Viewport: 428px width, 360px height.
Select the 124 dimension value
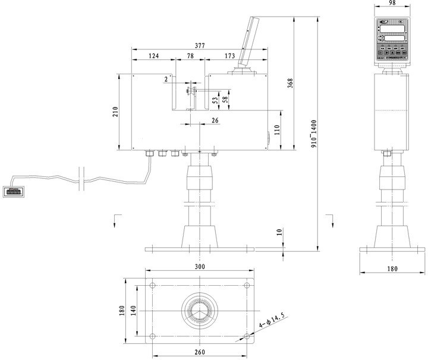153,56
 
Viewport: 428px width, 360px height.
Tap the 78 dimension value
190,56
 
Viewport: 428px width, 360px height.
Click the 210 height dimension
115,111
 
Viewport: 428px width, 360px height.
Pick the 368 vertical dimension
290,83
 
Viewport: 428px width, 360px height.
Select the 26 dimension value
215,120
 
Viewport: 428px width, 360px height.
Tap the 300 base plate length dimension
199,267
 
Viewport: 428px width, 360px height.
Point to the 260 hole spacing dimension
199,352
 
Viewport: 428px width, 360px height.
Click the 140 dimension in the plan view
134,310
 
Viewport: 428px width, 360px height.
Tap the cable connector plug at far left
12,191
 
